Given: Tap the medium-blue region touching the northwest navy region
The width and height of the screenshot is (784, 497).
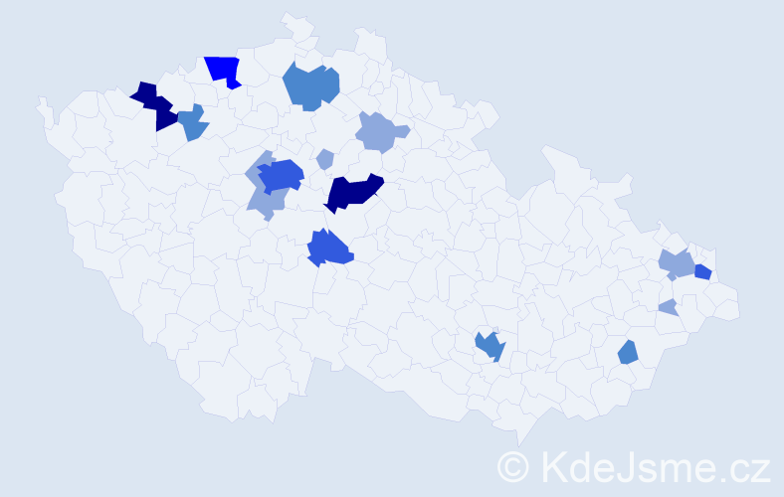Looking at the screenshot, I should (x=193, y=123).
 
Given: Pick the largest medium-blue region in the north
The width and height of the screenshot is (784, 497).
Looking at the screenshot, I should (x=310, y=85).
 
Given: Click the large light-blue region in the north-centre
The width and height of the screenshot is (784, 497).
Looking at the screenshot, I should (x=380, y=131).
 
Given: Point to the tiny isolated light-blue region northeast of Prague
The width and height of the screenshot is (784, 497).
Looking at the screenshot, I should (x=324, y=158).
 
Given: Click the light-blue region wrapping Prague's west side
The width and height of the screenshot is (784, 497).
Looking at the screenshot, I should (x=263, y=199).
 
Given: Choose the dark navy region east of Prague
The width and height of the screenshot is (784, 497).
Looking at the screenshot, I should (x=353, y=191).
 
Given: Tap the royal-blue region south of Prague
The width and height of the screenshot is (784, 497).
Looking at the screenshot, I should (x=329, y=248).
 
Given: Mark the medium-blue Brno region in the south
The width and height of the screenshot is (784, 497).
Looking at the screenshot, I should (x=490, y=346).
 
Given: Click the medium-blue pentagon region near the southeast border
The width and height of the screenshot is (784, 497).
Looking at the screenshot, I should (x=628, y=352).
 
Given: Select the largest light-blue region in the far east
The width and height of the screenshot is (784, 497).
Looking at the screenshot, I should (x=677, y=263).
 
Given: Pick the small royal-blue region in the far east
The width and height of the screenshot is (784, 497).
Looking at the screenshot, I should (x=702, y=271).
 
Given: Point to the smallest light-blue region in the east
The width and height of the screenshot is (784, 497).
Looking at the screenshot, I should (x=669, y=307).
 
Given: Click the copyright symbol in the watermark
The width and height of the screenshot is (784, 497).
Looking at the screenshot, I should (x=514, y=466).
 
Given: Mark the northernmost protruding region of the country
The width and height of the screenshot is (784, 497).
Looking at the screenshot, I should (x=292, y=22).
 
